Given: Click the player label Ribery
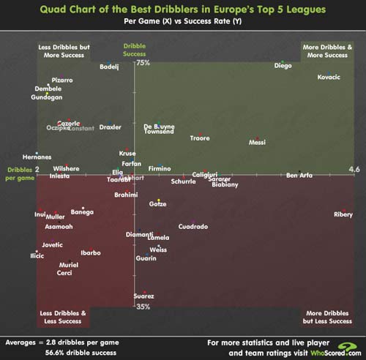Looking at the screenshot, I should pyautogui.click(x=343, y=214).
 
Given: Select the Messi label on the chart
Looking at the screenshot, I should pyautogui.click(x=257, y=142).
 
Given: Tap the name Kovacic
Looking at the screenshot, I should pyautogui.click(x=329, y=78).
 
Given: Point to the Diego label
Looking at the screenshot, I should pyautogui.click(x=283, y=66).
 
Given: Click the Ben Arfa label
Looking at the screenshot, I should pyautogui.click(x=299, y=176).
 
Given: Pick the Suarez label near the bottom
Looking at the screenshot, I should pyautogui.click(x=143, y=296).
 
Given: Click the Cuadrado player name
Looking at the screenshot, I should pyautogui.click(x=193, y=227).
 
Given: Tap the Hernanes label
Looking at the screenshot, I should pyautogui.click(x=37, y=157).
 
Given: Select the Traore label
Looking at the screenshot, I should pyautogui.click(x=200, y=138).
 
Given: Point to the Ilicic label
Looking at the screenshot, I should pyautogui.click(x=37, y=256).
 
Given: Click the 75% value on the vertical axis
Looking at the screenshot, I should pyautogui.click(x=143, y=63).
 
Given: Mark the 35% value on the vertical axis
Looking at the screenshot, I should pyautogui.click(x=143, y=307).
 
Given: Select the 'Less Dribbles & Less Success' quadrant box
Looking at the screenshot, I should pyautogui.click(x=62, y=317).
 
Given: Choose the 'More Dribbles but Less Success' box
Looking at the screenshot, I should pyautogui.click(x=326, y=317).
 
